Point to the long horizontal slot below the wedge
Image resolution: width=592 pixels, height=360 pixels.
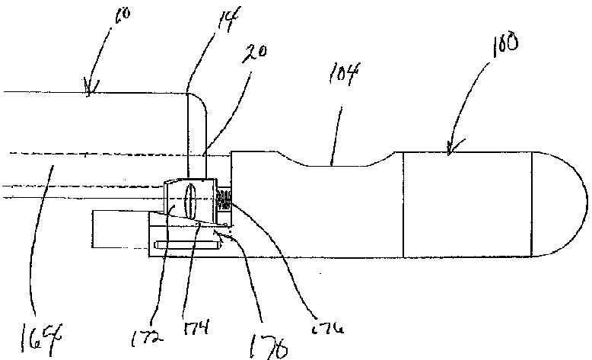(x=186, y=244)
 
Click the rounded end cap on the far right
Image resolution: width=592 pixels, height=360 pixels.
(x=559, y=203)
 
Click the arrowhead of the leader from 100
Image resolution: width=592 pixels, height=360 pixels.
(x=450, y=151)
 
